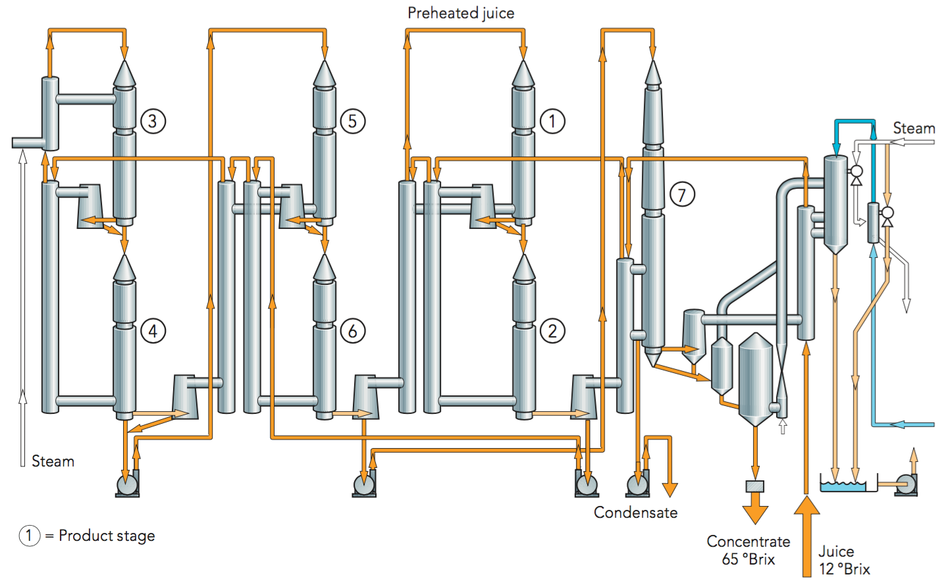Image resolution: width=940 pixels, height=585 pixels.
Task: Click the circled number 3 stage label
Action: point(153,121)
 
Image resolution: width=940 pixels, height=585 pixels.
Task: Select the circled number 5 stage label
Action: point(353,121)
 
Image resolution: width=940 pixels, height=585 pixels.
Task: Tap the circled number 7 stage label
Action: point(682,195)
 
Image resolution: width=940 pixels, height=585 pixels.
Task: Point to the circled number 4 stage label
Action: point(153,331)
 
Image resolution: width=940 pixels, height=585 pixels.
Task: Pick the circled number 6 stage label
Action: point(353,331)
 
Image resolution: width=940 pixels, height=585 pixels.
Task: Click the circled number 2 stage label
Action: point(552,331)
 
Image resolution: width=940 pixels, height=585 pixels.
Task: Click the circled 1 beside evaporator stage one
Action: point(552,121)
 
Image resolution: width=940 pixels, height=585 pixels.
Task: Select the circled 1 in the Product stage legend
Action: point(30,536)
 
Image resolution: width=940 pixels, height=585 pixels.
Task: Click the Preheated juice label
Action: point(461,13)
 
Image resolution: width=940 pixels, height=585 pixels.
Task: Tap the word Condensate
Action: point(635,513)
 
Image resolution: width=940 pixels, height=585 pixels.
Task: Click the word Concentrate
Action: point(748,542)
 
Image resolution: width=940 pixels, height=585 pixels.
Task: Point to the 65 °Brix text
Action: point(748,559)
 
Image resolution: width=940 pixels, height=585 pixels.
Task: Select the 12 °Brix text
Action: point(845,569)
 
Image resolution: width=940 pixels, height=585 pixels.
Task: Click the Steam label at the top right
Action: point(914,128)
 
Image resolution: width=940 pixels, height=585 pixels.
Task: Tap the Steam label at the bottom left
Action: point(53,461)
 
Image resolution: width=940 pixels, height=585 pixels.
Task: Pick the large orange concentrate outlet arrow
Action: point(755,513)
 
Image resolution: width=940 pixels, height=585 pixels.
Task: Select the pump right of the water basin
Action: point(907,484)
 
